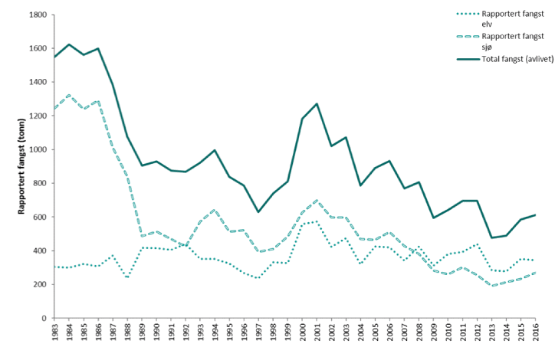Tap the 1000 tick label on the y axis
pos(37,149)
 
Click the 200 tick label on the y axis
pos(39,284)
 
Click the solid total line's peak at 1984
pos(70,44)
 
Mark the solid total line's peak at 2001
pos(317,103)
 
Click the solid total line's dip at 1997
pos(258,212)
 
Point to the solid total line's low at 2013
pos(491,237)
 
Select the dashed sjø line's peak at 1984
pos(70,95)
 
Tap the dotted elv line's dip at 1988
pos(127,278)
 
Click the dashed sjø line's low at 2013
pos(491,285)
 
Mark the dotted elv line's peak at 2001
pos(317,221)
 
